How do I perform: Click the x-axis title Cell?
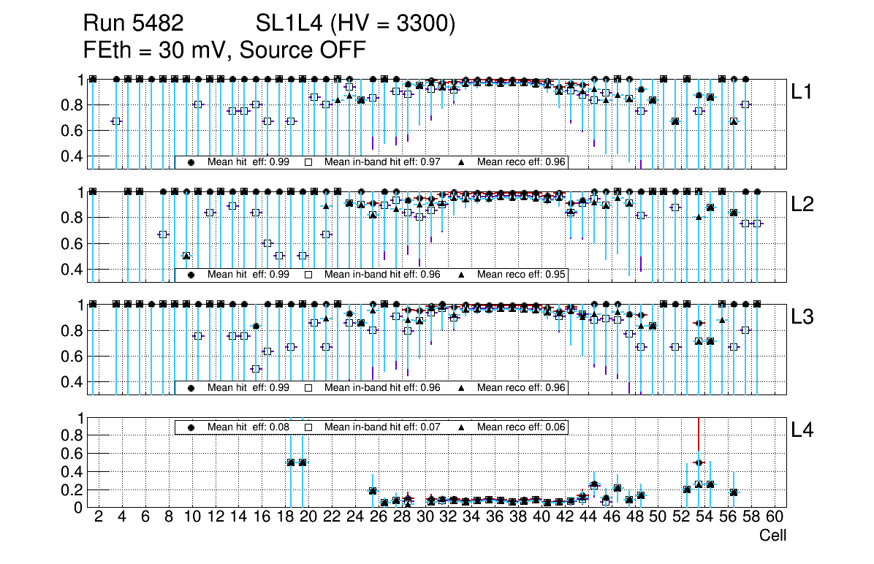point(772,536)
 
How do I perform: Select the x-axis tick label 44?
point(588,518)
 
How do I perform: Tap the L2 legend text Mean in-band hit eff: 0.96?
point(382,275)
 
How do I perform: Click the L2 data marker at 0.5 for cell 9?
point(186,256)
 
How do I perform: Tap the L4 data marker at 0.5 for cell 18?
point(291,462)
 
